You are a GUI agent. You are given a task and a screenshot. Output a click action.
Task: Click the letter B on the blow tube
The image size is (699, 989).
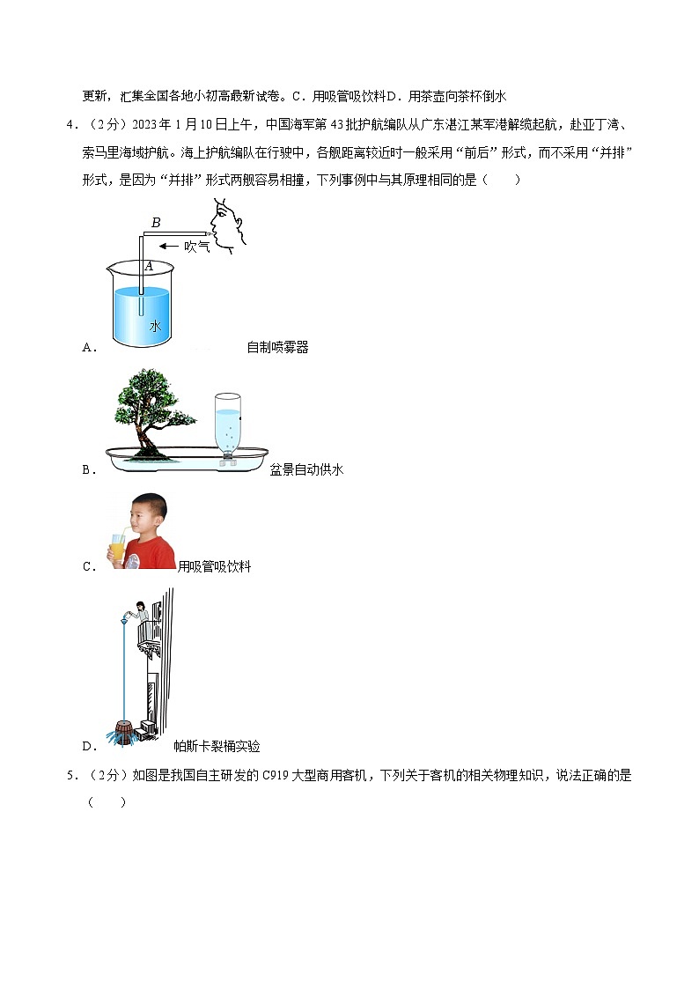click(156, 223)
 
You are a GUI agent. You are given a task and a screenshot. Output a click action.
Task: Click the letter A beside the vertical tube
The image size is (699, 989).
click(149, 265)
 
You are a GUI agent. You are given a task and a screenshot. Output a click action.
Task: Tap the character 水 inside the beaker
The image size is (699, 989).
click(155, 325)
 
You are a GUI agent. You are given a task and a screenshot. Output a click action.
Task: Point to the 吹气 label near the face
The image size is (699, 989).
click(196, 247)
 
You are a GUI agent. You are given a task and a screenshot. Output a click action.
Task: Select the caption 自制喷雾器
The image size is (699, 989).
click(277, 347)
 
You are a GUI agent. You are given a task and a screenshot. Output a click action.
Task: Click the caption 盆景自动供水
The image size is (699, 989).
click(306, 469)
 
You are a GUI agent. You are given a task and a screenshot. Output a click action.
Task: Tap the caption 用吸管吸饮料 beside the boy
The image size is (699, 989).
click(214, 566)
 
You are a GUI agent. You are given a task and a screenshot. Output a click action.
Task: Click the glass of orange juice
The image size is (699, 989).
click(117, 549)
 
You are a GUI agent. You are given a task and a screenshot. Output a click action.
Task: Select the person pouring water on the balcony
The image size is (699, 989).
click(139, 610)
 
